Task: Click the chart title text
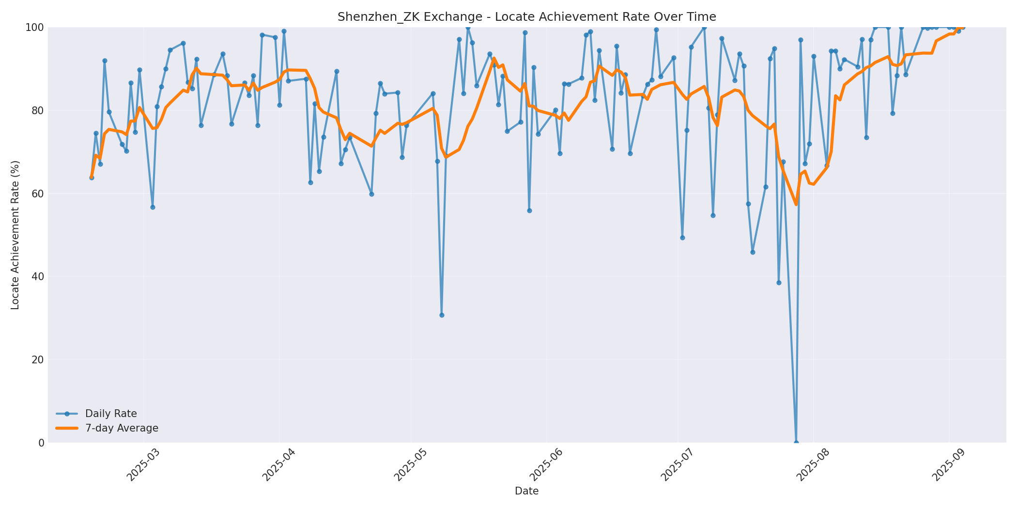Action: coord(526,17)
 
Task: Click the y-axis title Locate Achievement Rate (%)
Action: coord(15,235)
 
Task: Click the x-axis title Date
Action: coord(526,491)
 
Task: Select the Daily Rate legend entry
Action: coord(111,414)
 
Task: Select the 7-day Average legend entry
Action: coord(122,428)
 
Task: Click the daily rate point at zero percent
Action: coord(796,442)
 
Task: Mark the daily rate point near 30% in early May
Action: coord(442,315)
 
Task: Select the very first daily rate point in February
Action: coord(92,178)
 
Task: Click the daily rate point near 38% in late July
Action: coord(779,283)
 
